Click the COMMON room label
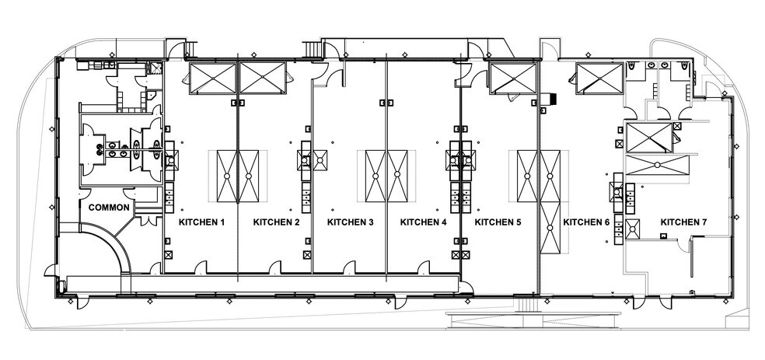click(110, 208)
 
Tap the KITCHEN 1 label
click(202, 222)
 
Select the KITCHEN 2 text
click(277, 222)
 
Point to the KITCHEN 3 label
click(351, 222)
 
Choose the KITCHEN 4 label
click(424, 222)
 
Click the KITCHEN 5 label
click(498, 222)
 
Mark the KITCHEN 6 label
click(586, 222)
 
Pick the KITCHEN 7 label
click(683, 222)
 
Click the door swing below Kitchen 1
click(201, 267)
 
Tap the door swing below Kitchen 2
click(275, 267)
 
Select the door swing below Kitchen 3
click(349, 267)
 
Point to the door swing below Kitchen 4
click(424, 267)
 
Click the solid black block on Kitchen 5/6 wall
click(553, 99)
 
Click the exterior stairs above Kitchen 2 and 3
click(313, 50)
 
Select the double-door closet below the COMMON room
click(148, 219)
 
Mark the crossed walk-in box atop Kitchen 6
click(599, 78)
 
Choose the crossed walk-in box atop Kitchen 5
click(513, 78)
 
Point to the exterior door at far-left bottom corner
click(51, 271)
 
